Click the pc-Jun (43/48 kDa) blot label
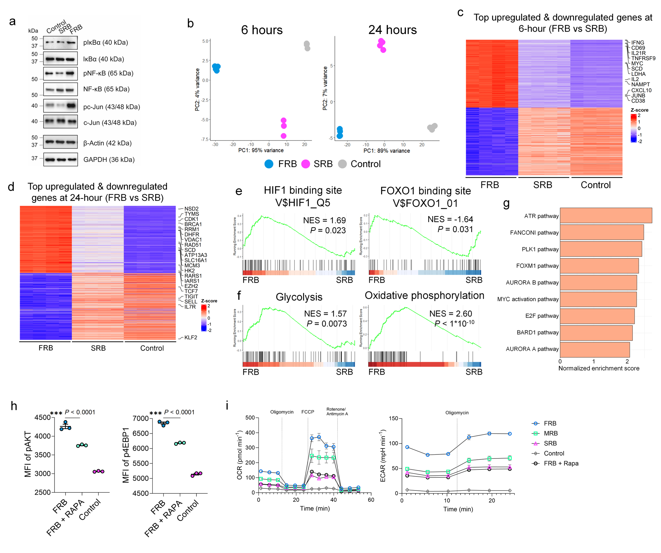[111, 107]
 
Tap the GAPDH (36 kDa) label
[109, 160]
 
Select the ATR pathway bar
[605, 215]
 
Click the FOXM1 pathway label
[537, 266]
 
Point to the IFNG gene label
[637, 43]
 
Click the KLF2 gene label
[190, 338]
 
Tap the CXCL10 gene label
[641, 90]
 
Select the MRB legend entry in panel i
[551, 434]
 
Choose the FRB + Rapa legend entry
[561, 463]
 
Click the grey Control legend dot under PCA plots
[343, 164]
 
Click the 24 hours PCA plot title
[392, 30]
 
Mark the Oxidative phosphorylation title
[424, 295]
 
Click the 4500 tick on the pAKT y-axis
[43, 417]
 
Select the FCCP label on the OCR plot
[308, 412]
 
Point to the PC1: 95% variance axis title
[261, 150]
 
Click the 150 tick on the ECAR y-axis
[393, 418]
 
